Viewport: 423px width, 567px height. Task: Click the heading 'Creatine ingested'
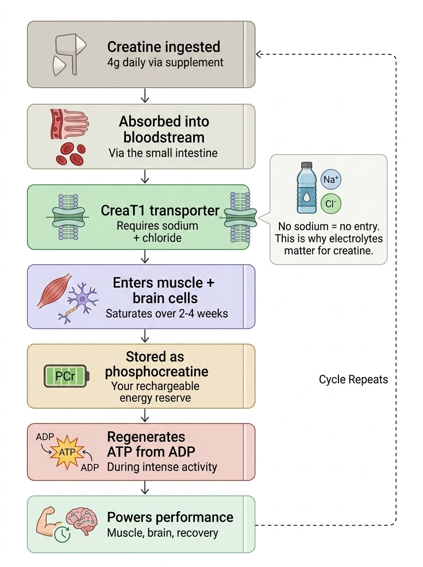tap(164, 47)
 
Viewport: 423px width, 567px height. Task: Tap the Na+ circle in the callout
tap(330, 179)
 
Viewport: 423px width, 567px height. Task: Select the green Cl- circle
tap(330, 204)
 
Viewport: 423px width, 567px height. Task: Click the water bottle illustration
tap(306, 188)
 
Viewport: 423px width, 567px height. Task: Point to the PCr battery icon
tap(67, 376)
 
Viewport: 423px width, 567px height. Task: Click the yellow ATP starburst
tap(68, 452)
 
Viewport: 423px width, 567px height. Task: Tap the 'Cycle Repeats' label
tap(353, 379)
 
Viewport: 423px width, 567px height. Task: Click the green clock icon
tap(62, 534)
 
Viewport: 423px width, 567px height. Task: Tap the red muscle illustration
tap(54, 291)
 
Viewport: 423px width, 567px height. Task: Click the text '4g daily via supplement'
tap(165, 63)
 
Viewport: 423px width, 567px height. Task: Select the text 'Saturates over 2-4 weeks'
tap(167, 314)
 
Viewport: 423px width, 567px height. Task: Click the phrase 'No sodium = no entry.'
tap(329, 226)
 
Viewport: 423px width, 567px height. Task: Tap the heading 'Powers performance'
tap(170, 517)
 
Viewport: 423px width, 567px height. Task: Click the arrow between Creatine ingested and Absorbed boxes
tap(145, 95)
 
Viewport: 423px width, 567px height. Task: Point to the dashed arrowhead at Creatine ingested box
tap(259, 54)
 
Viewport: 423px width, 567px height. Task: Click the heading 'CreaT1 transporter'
tap(160, 211)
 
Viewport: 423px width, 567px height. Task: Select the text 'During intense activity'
tap(162, 467)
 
